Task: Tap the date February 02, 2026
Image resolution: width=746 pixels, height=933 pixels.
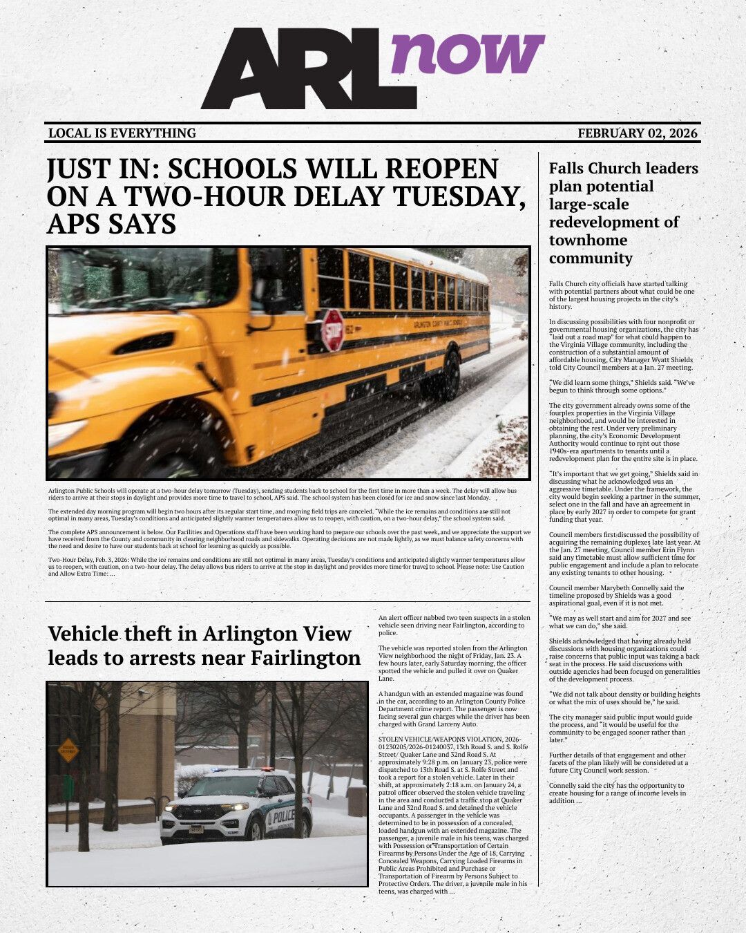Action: (637, 133)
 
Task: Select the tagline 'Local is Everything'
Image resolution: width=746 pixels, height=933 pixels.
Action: (122, 133)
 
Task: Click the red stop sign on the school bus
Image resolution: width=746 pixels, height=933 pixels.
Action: (333, 330)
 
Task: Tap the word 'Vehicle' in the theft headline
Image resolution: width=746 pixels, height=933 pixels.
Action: (83, 634)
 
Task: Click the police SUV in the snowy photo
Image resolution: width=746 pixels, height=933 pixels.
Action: (236, 807)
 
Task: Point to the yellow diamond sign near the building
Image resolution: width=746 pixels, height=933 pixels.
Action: (68, 750)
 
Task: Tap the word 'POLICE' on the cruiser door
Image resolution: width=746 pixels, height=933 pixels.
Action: (281, 816)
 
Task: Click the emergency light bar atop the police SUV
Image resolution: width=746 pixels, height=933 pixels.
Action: (238, 770)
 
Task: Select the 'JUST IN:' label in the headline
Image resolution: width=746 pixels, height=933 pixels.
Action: (104, 170)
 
